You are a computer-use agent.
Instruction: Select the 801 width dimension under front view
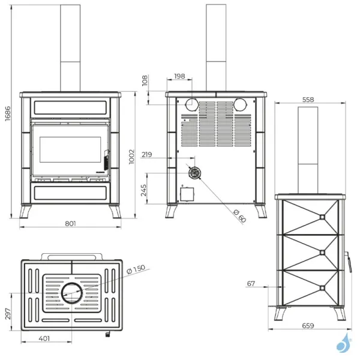point(70,223)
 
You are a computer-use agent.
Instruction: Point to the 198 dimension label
point(179,77)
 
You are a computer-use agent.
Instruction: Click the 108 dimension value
point(145,80)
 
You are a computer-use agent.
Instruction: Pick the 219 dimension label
point(147,155)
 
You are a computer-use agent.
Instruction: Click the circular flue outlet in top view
point(72,293)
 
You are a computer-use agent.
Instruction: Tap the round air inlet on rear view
point(194,173)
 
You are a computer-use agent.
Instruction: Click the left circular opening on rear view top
point(191,106)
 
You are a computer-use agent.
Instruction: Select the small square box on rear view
point(188,194)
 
